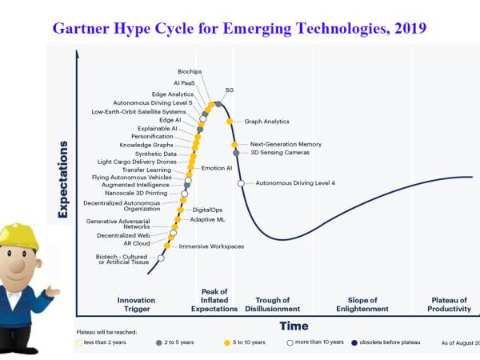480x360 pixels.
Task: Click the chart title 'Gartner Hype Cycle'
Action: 239,28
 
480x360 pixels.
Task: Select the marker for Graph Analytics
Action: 230,122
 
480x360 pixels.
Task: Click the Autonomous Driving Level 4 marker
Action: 241,183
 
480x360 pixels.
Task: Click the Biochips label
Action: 190,71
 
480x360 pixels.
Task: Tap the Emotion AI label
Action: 216,168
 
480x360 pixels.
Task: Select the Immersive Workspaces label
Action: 211,246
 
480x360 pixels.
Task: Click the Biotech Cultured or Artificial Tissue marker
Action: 161,258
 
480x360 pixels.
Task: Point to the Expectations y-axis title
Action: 62,180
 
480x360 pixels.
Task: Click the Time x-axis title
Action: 294,326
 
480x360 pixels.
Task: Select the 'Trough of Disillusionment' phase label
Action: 272,305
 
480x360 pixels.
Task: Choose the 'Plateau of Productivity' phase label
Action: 449,305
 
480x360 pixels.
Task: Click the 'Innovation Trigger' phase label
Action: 136,305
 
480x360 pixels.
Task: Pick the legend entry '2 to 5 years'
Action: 178,342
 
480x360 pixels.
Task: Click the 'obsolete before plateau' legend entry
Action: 388,342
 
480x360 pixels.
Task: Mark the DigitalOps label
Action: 207,210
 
